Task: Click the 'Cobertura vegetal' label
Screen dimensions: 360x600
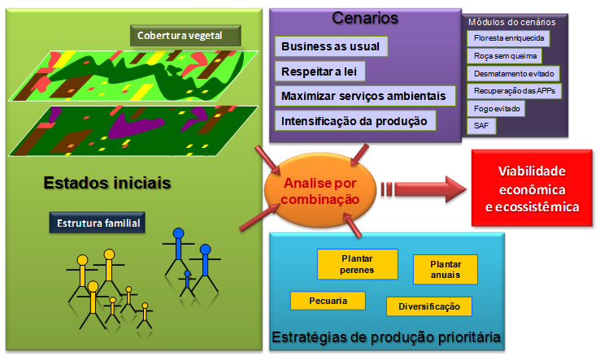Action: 187,36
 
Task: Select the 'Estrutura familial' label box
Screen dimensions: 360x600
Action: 98,222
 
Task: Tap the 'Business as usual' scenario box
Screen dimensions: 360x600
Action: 332,46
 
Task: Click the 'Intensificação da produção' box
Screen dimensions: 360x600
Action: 355,121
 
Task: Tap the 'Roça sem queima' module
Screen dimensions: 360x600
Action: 501,56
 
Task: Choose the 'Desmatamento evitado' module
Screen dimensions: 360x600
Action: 513,73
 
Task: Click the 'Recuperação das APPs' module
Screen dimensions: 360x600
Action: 514,90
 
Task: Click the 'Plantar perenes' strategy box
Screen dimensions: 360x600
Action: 357,263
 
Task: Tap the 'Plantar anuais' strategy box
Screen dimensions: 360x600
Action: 445,269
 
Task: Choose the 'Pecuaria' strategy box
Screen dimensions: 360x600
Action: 328,301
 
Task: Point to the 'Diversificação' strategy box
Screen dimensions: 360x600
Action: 429,306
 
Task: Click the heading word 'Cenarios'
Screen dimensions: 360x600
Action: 363,18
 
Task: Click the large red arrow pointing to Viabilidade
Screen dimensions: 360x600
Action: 431,186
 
